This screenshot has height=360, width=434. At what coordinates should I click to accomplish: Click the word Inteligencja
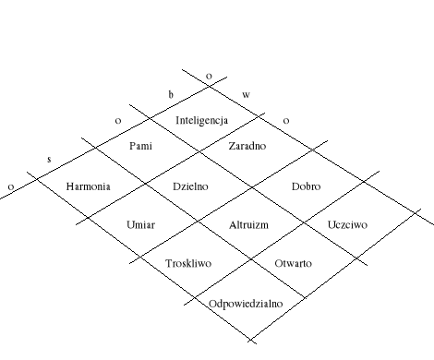(201, 121)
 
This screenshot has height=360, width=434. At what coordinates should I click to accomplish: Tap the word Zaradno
(247, 147)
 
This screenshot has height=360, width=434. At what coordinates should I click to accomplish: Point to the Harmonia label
(89, 186)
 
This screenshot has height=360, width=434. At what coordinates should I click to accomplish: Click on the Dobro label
(306, 186)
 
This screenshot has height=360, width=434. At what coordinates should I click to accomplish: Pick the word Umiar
(140, 224)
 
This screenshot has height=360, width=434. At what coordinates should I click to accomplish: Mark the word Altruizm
(248, 224)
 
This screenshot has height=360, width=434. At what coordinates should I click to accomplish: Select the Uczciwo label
(348, 224)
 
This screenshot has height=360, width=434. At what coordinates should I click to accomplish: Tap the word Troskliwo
(188, 263)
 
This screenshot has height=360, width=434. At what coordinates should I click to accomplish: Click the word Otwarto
(295, 263)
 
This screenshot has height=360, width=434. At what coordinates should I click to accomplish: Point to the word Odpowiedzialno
(245, 303)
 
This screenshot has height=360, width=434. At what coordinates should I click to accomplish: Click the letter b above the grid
(170, 94)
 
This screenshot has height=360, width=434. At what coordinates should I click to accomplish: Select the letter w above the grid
(246, 94)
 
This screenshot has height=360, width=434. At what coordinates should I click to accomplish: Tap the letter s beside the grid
(49, 160)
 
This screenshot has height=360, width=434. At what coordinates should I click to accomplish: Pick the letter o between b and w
(209, 75)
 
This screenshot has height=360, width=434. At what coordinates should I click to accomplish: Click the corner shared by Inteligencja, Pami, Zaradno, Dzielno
(201, 153)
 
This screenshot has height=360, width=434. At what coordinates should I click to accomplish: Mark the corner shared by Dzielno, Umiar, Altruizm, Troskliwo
(196, 222)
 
